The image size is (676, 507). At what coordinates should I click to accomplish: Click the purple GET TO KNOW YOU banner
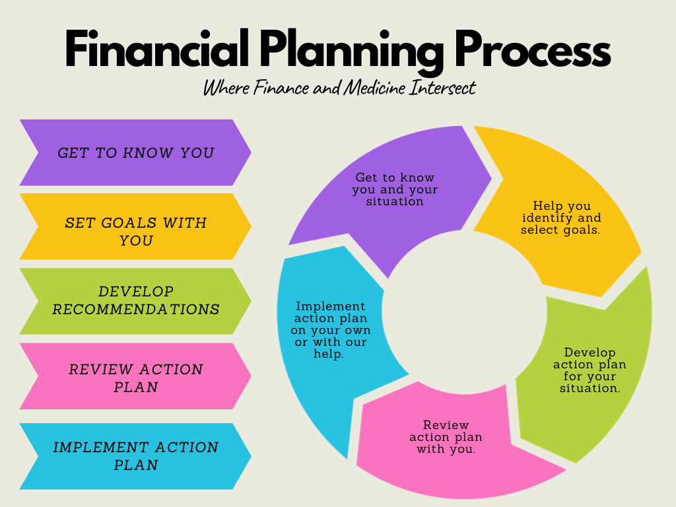[135, 152]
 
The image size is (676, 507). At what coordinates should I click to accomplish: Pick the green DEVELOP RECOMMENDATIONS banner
[135, 301]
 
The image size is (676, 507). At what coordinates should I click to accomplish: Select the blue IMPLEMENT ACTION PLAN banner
[135, 456]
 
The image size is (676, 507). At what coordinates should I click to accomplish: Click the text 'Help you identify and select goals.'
[561, 218]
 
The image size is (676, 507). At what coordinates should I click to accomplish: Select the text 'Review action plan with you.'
[446, 437]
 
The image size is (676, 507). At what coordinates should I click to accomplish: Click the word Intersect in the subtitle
[442, 87]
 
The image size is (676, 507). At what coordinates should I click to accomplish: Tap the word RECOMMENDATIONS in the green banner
[136, 309]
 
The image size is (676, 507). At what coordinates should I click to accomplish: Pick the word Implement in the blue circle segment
[330, 306]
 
